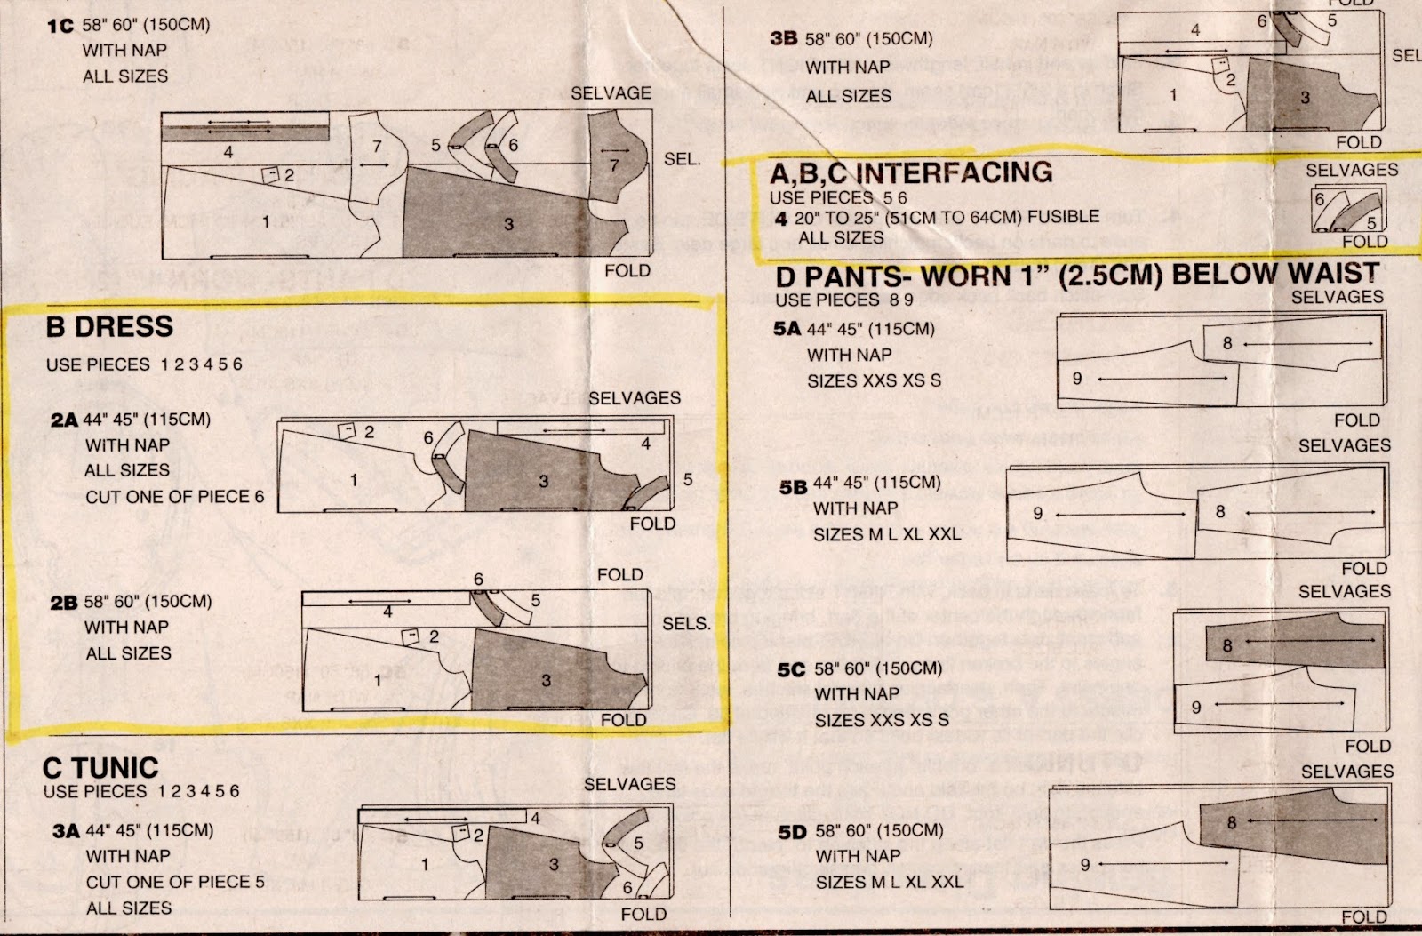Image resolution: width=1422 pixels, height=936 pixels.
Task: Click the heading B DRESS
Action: coord(109,327)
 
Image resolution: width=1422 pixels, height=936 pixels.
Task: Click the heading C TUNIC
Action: coord(100,767)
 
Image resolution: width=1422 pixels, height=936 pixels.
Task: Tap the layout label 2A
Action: coord(64,420)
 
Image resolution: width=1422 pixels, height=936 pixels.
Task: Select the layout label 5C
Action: coord(790,669)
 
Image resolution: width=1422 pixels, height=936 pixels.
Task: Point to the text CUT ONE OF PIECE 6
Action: coord(174,497)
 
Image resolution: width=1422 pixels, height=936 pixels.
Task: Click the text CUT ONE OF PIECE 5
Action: coord(174,882)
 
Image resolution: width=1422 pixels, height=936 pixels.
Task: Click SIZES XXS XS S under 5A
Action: coord(874,380)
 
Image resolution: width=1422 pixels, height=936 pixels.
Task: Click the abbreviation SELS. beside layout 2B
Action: coord(686,624)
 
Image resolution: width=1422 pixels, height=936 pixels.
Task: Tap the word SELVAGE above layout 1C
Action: coord(611,93)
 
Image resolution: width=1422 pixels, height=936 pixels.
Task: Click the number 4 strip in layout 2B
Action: coord(387,612)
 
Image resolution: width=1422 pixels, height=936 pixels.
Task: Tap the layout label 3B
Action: coord(783,39)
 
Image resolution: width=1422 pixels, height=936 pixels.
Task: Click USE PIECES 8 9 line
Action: coord(843,300)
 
